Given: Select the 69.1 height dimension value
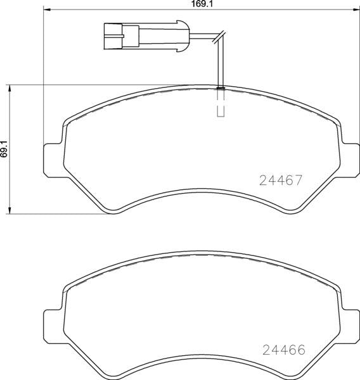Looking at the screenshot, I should tap(4, 149).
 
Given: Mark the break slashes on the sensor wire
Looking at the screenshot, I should tap(219, 39).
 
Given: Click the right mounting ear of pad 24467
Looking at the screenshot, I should tap(350, 160).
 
